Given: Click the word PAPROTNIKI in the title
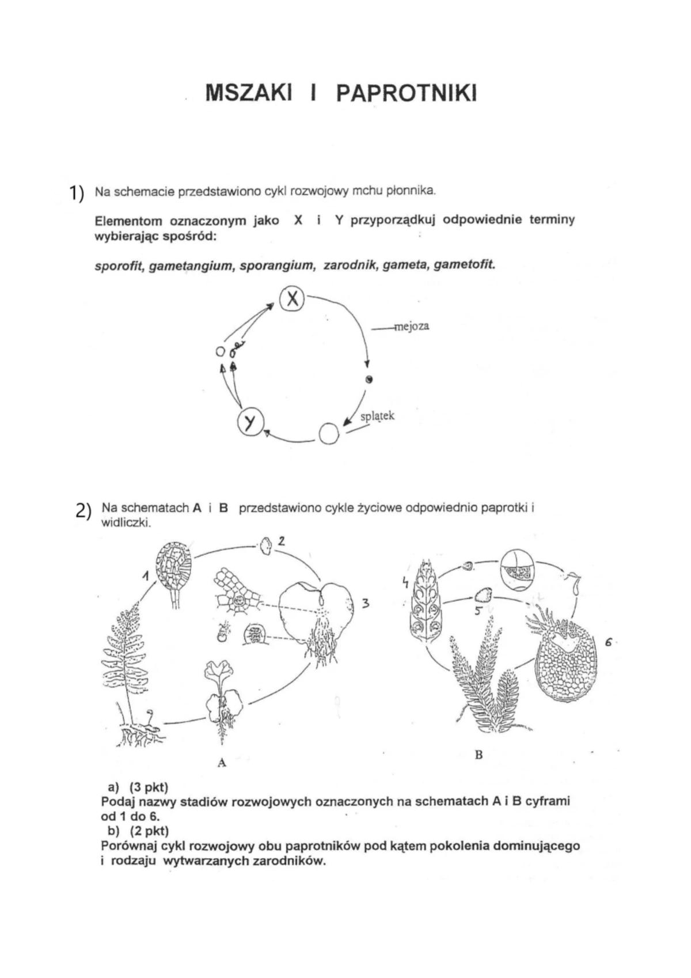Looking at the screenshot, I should click(406, 93).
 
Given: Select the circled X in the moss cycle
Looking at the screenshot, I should click(292, 298).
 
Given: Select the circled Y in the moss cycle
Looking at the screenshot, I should click(249, 423).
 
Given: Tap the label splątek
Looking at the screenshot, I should click(377, 416).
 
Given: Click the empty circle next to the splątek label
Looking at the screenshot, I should click(329, 434).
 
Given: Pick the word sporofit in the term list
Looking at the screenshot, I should click(119, 267).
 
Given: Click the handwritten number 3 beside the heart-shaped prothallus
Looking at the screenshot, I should click(365, 604).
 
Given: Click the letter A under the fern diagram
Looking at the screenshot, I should click(222, 763).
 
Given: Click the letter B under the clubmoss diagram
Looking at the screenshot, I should click(478, 755).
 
